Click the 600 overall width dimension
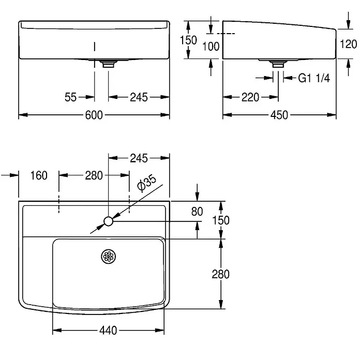click(x=94, y=115)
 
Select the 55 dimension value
click(x=70, y=97)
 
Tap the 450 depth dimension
click(x=279, y=115)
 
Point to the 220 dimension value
click(x=250, y=97)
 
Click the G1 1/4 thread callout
click(x=314, y=78)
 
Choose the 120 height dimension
click(x=348, y=44)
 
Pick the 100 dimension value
click(x=211, y=47)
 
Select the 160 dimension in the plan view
click(x=39, y=175)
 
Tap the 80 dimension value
click(x=197, y=212)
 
